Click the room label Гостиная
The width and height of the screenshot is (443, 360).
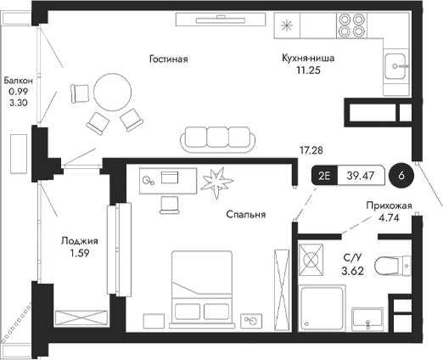[x=167, y=59]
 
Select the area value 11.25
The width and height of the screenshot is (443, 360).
[x=309, y=73]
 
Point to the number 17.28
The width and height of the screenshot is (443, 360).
[x=311, y=150]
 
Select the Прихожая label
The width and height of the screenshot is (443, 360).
[x=389, y=205]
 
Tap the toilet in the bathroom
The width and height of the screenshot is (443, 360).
[x=394, y=267]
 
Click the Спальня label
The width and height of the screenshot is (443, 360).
[x=246, y=216]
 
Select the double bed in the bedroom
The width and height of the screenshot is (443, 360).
[x=204, y=284]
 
